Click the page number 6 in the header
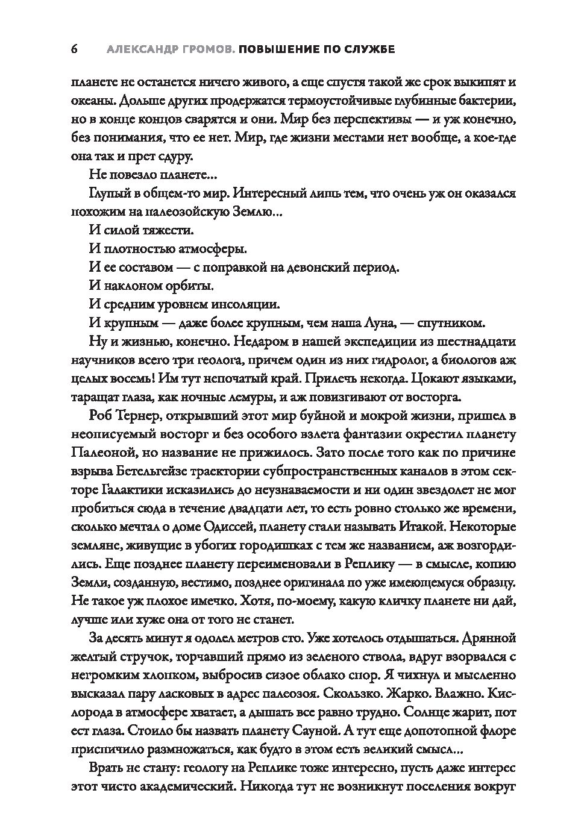point(74,49)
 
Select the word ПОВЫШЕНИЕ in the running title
point(278,49)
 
